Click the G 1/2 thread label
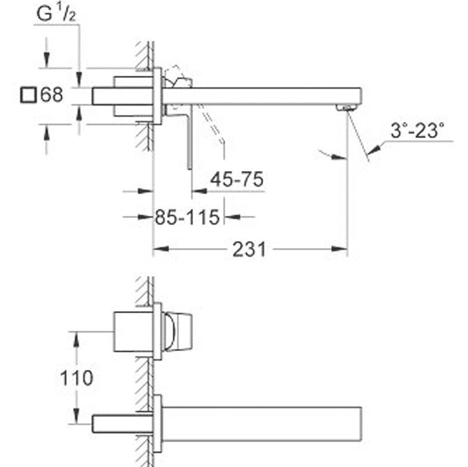[56, 14]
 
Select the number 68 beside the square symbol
[51, 94]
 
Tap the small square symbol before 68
[29, 95]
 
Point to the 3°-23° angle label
[417, 131]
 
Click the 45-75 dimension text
[237, 179]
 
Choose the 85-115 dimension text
[187, 217]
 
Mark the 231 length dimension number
[249, 249]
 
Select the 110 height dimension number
[77, 378]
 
